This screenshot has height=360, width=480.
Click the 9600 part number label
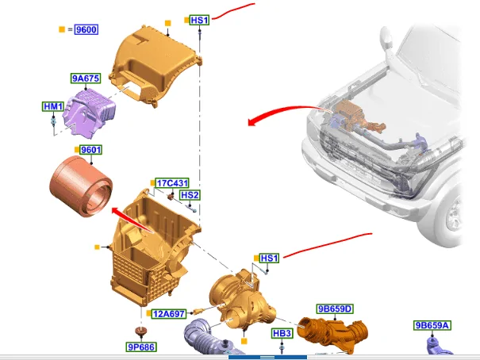point(86,29)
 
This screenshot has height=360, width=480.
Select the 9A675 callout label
point(86,79)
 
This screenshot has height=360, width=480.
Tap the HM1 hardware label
point(53,106)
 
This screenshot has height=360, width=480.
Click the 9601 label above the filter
point(91,150)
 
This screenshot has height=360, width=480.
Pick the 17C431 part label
point(172,183)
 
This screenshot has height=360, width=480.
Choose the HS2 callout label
point(190,195)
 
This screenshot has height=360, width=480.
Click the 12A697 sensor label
point(169,314)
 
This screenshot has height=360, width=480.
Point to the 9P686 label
point(141,347)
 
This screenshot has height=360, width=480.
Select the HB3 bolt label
point(282,333)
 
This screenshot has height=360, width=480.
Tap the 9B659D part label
point(335,309)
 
